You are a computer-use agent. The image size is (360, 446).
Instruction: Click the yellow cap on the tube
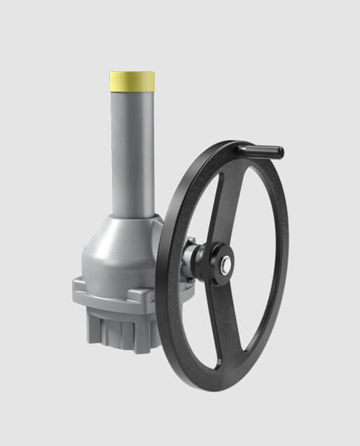pos(132,81)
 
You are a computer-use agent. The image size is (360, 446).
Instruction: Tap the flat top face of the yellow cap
pos(132,73)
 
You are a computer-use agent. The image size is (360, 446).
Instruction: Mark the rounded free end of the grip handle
pos(281,151)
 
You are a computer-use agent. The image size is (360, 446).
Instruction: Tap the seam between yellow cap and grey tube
pos(132,90)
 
